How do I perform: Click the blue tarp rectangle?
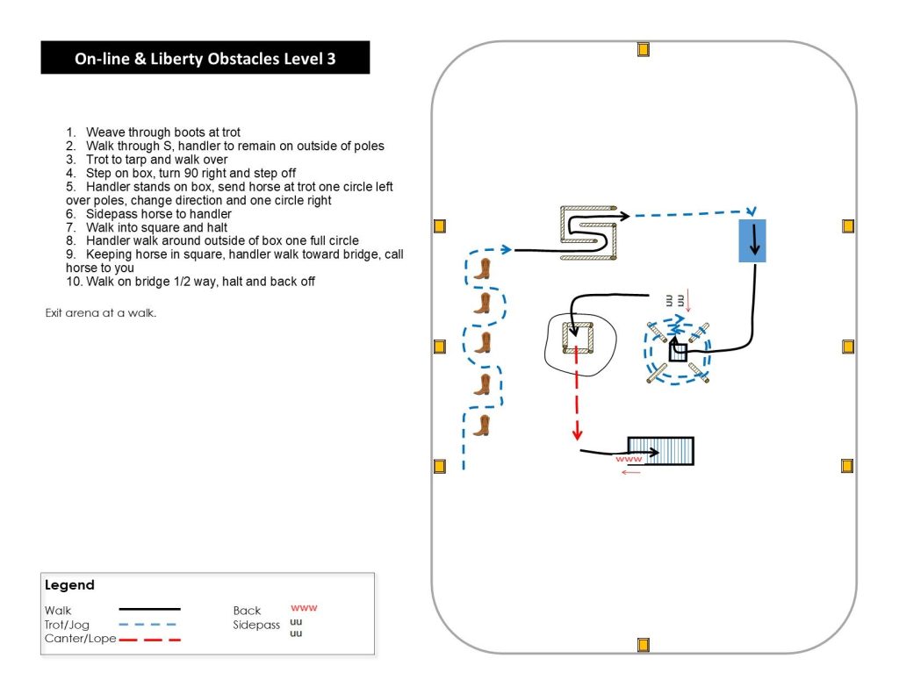point(752,240)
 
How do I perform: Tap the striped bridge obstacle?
point(660,451)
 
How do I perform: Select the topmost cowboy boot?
point(481,268)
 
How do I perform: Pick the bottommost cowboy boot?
point(481,426)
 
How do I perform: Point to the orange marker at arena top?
point(643,50)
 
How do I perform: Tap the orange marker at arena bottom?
point(643,646)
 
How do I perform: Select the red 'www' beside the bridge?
point(629,459)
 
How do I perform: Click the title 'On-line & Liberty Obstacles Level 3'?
point(205,60)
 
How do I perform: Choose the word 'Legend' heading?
point(69,585)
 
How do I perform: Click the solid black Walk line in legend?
point(149,608)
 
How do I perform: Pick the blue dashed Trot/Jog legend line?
point(147,625)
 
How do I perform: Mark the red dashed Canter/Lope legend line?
point(149,640)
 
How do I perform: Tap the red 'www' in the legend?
point(303,607)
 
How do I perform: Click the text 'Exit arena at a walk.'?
point(100,313)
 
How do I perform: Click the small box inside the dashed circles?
point(678,352)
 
